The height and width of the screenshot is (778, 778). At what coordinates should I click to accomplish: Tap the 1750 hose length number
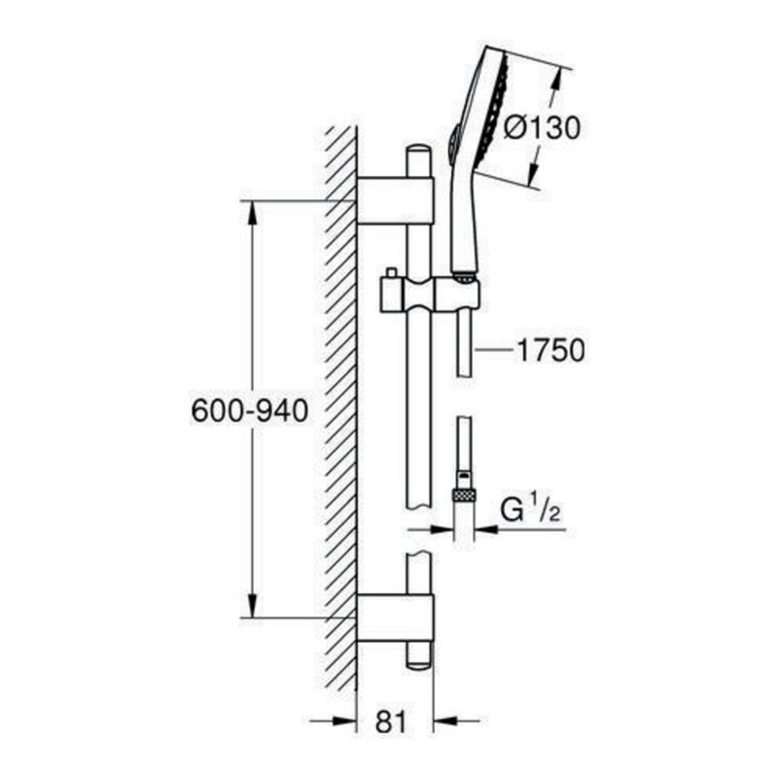551,350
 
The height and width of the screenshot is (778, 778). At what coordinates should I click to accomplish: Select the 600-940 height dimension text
250,411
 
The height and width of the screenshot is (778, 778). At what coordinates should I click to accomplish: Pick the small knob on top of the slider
389,272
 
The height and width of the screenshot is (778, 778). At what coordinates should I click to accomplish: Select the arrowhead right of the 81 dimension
442,722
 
